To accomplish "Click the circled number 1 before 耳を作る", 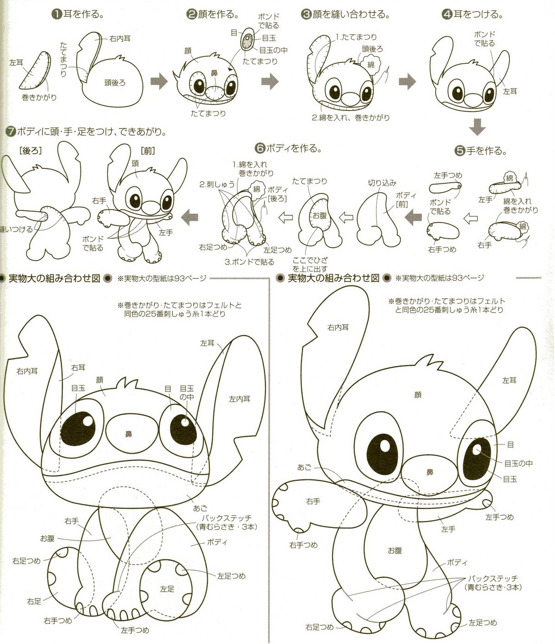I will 55,14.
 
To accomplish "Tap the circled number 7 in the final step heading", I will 10,132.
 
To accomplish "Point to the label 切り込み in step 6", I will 382,183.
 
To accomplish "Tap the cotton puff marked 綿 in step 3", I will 371,64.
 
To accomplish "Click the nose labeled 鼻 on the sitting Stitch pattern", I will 129,433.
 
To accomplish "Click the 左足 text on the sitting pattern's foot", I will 167,589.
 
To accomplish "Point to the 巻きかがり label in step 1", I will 39,97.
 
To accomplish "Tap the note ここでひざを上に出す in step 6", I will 310,265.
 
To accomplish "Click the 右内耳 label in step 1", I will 120,39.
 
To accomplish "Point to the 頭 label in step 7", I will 135,163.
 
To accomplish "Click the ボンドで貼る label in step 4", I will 484,39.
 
